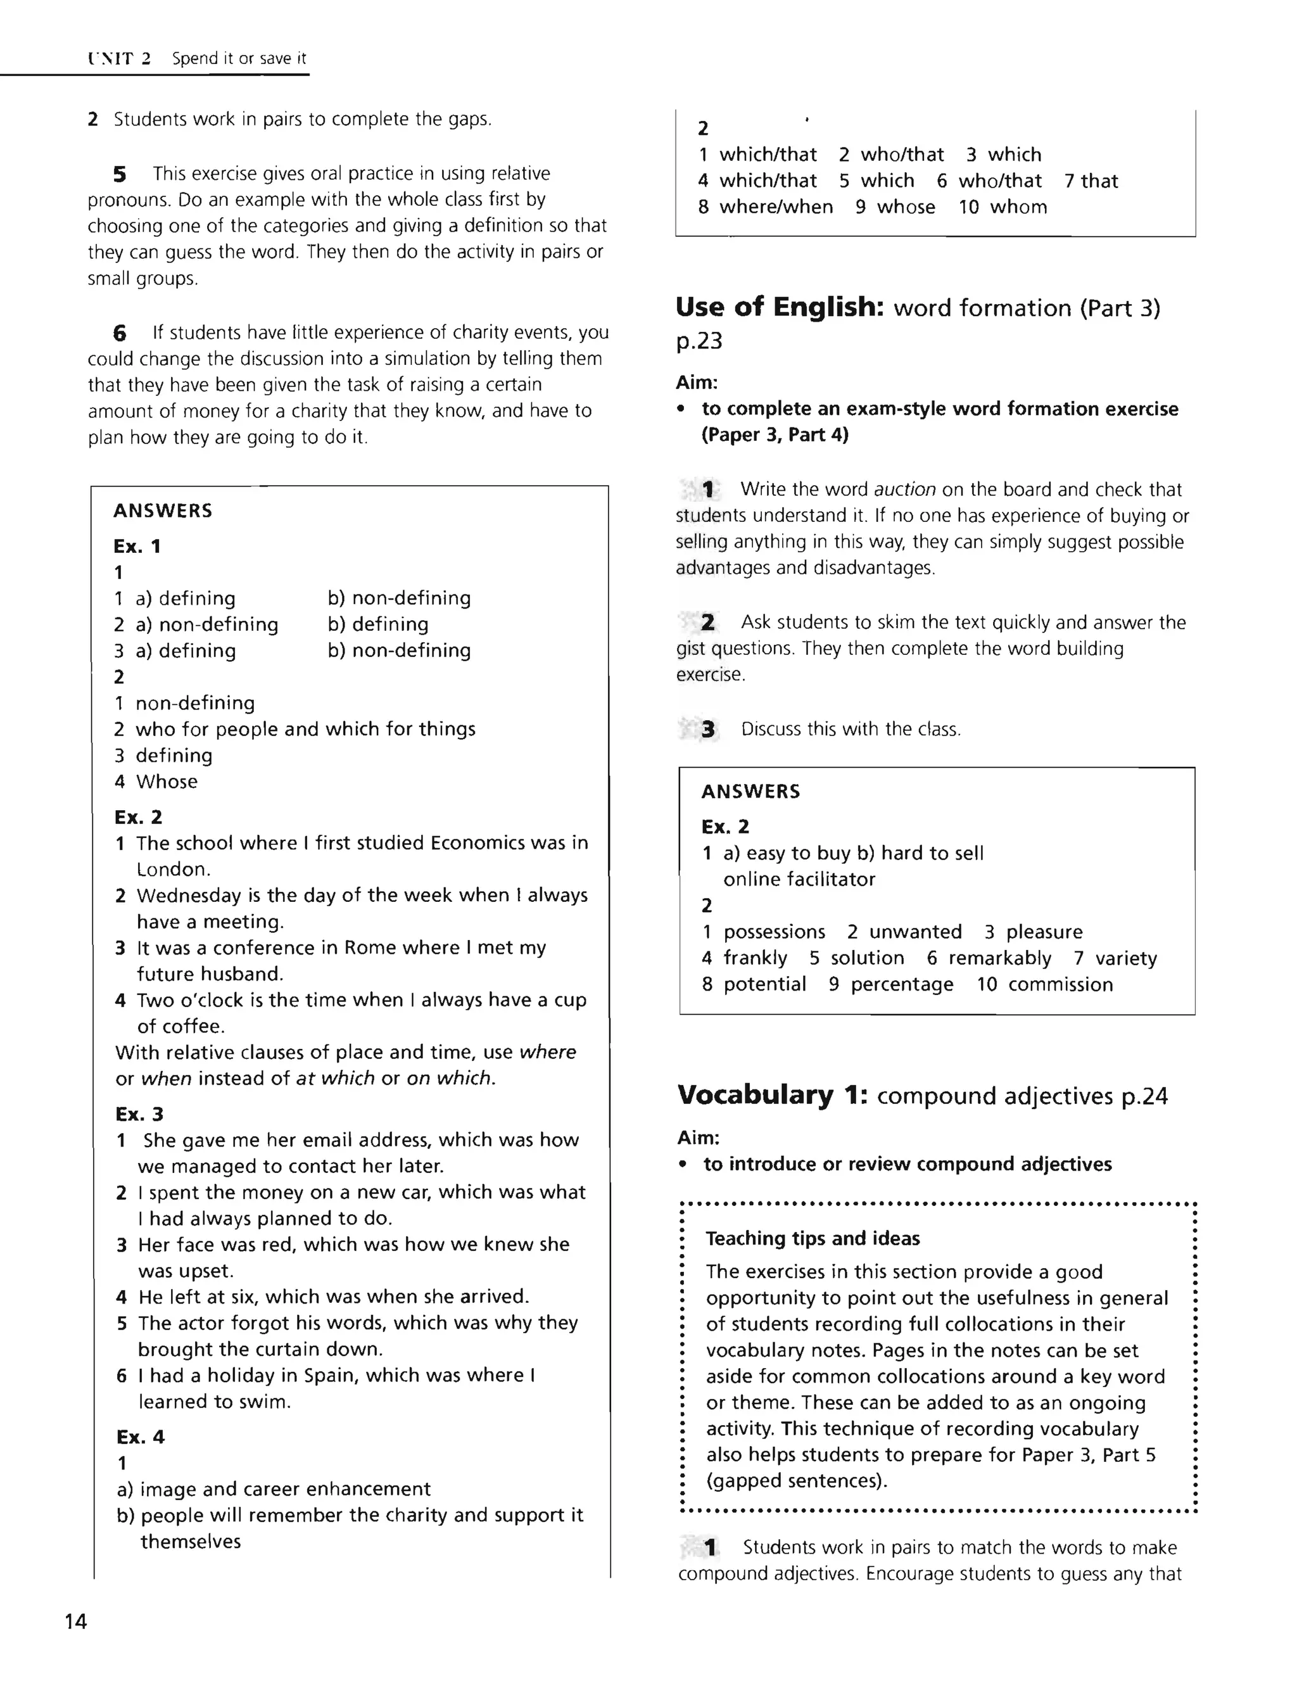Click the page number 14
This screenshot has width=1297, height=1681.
coord(76,1621)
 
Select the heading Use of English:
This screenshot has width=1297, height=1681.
coord(779,307)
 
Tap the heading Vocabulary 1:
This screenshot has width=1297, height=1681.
coord(772,1094)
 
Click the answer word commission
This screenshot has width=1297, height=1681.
coord(1060,984)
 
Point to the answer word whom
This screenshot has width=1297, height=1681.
coord(1018,207)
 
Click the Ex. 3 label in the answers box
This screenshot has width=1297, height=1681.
coord(139,1113)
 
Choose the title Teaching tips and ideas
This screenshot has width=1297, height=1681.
coord(812,1238)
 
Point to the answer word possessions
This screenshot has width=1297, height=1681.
coord(774,932)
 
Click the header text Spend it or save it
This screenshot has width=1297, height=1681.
coord(239,58)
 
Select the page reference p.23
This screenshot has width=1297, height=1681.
coord(699,341)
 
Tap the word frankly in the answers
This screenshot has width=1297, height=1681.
coord(754,958)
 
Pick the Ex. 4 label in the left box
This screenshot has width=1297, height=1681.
coord(140,1437)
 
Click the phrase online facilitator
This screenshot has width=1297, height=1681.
coord(799,880)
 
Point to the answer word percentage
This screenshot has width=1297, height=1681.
coord(901,984)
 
